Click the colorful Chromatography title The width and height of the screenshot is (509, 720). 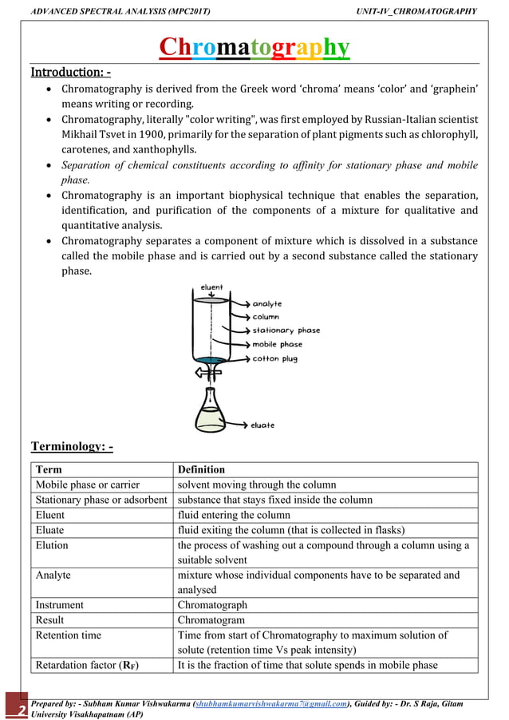click(254, 48)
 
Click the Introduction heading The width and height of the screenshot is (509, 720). click(70, 73)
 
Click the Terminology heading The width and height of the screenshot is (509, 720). click(72, 445)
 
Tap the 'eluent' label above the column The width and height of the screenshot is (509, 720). click(211, 287)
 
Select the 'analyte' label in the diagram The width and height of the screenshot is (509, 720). click(267, 303)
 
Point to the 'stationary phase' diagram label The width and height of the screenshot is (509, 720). click(286, 330)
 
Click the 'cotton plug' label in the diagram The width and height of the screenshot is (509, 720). click(276, 358)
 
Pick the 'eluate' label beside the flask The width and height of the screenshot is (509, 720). click(262, 425)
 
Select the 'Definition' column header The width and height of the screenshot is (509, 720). click(201, 469)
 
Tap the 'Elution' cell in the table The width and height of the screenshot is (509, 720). click(52, 545)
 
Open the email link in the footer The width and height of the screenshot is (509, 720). click(272, 703)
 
